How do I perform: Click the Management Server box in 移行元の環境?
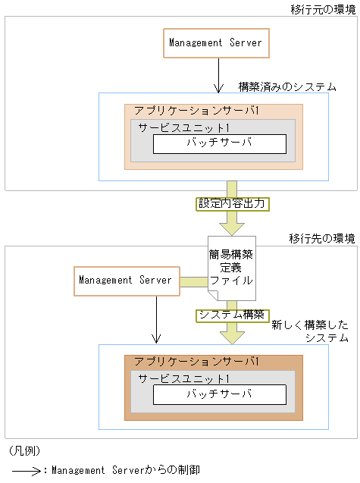(x=215, y=43)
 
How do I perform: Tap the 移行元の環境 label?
(x=322, y=9)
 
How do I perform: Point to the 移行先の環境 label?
(x=321, y=239)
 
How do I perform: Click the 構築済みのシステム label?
(x=287, y=87)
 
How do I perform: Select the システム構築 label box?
(x=231, y=315)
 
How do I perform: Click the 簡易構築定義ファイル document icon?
(x=230, y=269)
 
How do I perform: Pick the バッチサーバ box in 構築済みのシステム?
(x=219, y=143)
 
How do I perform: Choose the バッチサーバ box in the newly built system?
(x=219, y=395)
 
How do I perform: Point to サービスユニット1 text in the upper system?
(x=184, y=127)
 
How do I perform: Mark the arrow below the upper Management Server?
(x=218, y=75)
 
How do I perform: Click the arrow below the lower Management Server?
(x=156, y=318)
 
